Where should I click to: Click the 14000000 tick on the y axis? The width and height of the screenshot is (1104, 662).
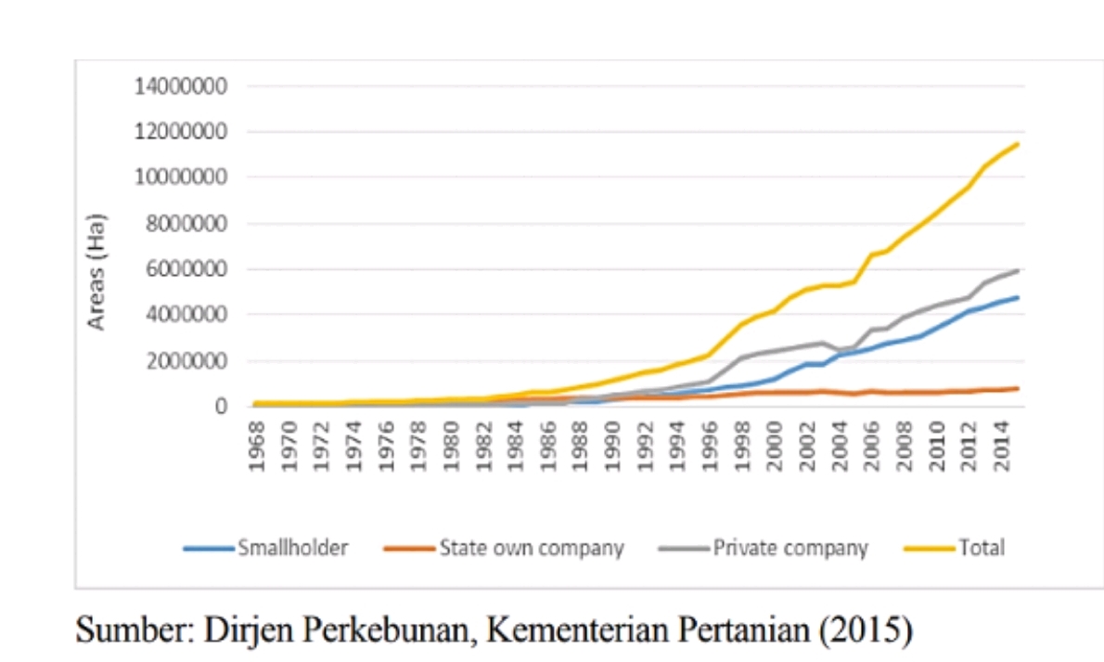(x=184, y=86)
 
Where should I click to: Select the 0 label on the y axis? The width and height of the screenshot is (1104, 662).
(x=221, y=407)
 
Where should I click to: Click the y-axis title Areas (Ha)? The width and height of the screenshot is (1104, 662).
(x=96, y=272)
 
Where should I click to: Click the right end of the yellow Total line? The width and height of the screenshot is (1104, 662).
(x=1018, y=144)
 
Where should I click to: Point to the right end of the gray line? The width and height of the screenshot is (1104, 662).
(x=1018, y=270)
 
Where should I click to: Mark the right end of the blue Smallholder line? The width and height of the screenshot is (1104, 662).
(x=1018, y=298)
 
